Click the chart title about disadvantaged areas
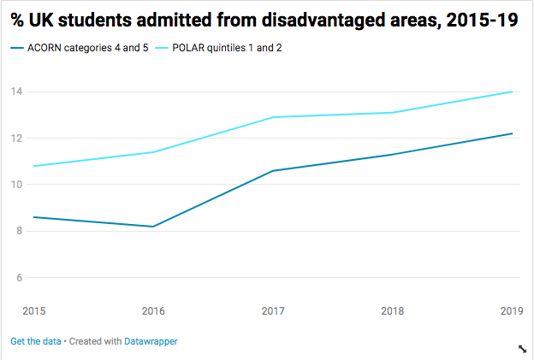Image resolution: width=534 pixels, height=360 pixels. click(x=264, y=20)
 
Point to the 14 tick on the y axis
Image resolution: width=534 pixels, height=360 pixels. click(x=16, y=91)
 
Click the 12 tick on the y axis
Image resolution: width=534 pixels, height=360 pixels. click(x=16, y=139)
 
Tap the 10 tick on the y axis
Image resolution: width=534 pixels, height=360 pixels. click(x=16, y=185)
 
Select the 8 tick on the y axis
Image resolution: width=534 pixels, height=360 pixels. click(x=16, y=232)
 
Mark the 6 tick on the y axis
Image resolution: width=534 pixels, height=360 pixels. click(x=16, y=278)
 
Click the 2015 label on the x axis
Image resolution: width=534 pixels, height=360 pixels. click(x=34, y=310)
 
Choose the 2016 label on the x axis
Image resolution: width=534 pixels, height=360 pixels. click(x=152, y=310)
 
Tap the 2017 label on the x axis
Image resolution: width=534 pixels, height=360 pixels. click(x=273, y=310)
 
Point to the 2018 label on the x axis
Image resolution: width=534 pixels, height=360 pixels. click(x=393, y=310)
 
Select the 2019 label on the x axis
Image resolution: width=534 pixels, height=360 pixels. click(x=511, y=310)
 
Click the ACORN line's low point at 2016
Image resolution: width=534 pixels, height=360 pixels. click(x=152, y=227)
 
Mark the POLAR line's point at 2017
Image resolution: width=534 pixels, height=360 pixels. click(x=273, y=117)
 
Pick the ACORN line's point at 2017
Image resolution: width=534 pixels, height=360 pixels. click(x=273, y=171)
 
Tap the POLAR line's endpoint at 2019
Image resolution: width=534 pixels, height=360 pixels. click(x=512, y=91)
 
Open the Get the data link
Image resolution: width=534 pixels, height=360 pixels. click(x=36, y=341)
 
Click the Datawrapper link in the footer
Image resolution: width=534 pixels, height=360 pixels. click(x=151, y=341)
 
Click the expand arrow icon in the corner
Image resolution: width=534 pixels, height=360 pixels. click(x=522, y=348)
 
